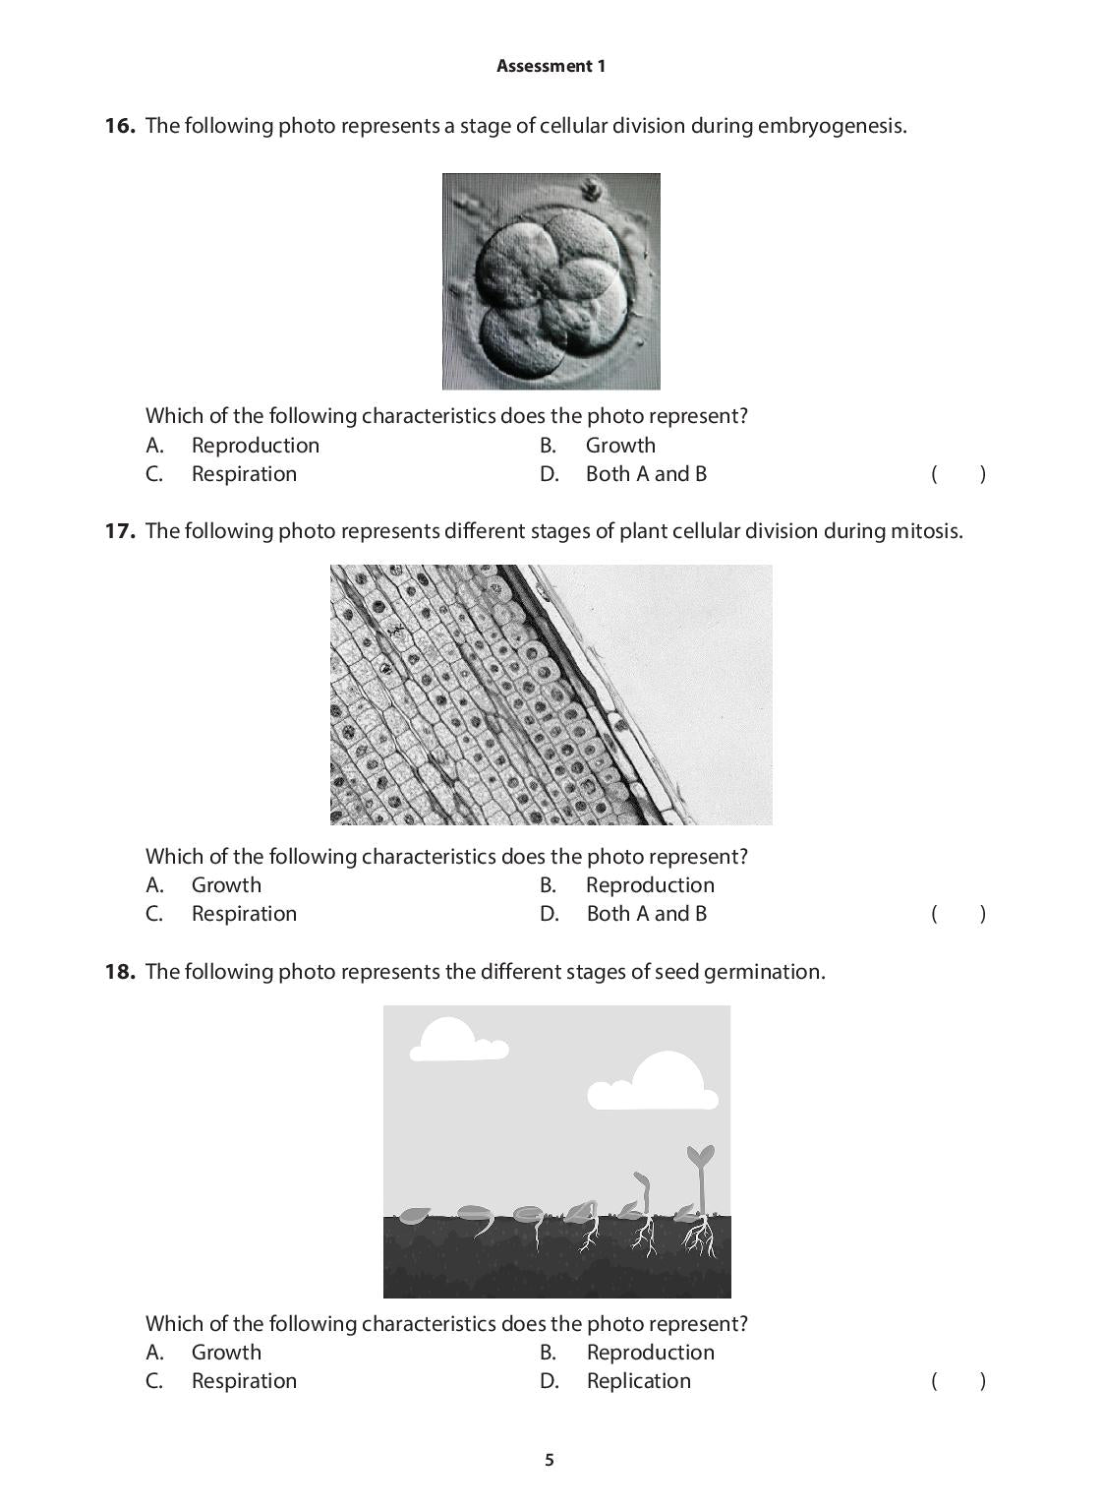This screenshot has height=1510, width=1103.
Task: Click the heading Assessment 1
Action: pos(551,66)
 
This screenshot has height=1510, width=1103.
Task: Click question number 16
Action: pos(119,126)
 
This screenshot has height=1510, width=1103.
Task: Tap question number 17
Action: pos(119,531)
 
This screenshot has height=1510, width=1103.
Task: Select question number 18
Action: pos(119,972)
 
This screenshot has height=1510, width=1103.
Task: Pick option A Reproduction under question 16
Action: pos(255,446)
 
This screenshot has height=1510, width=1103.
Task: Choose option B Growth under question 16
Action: pos(619,446)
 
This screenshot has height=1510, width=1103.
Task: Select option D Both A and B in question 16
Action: pos(645,474)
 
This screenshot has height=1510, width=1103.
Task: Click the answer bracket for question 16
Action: pos(958,474)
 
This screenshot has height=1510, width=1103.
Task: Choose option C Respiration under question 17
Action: pos(243,914)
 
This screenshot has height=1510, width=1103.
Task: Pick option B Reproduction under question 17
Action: pos(649,885)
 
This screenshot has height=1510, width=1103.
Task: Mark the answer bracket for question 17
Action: pos(958,914)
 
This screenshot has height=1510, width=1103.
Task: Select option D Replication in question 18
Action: pos(638,1381)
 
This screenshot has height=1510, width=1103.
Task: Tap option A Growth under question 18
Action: pos(226,1353)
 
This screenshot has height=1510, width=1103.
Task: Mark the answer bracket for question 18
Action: pos(958,1381)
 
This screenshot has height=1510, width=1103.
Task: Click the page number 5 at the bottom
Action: pos(550,1460)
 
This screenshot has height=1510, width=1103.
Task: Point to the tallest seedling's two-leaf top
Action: pos(700,1156)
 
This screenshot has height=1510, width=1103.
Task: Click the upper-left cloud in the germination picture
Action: pos(453,1041)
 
